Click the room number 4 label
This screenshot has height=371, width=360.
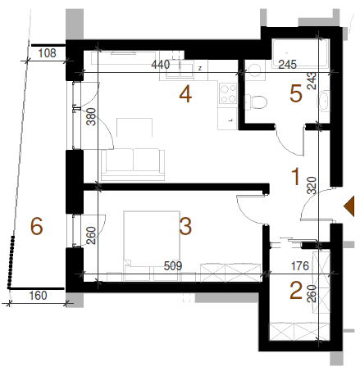pyautogui.click(x=185, y=94)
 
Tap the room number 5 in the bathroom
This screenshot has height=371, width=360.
pyautogui.click(x=296, y=93)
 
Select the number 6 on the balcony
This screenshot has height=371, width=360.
pyautogui.click(x=37, y=226)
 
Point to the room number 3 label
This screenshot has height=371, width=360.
pyautogui.click(x=185, y=226)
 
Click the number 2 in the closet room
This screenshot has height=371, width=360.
pyautogui.click(x=296, y=290)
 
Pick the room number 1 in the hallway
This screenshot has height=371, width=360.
pyautogui.click(x=295, y=176)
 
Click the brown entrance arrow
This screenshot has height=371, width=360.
pyautogui.click(x=349, y=206)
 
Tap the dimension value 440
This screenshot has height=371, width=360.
pyautogui.click(x=161, y=65)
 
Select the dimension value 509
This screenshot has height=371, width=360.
pyautogui.click(x=173, y=266)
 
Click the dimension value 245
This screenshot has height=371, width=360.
pyautogui.click(x=287, y=65)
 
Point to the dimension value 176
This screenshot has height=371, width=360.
pyautogui.click(x=300, y=266)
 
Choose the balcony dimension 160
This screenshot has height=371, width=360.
pyautogui.click(x=38, y=296)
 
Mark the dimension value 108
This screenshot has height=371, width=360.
pyautogui.click(x=47, y=53)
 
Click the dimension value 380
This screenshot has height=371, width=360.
pyautogui.click(x=91, y=117)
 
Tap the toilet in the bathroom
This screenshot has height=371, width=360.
pyautogui.click(x=255, y=102)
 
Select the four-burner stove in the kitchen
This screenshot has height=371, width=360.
pyautogui.click(x=228, y=93)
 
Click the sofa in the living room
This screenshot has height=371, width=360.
pyautogui.click(x=133, y=165)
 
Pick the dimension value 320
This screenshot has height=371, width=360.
pyautogui.click(x=312, y=186)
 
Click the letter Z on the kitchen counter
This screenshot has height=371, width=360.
pyautogui.click(x=200, y=68)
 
